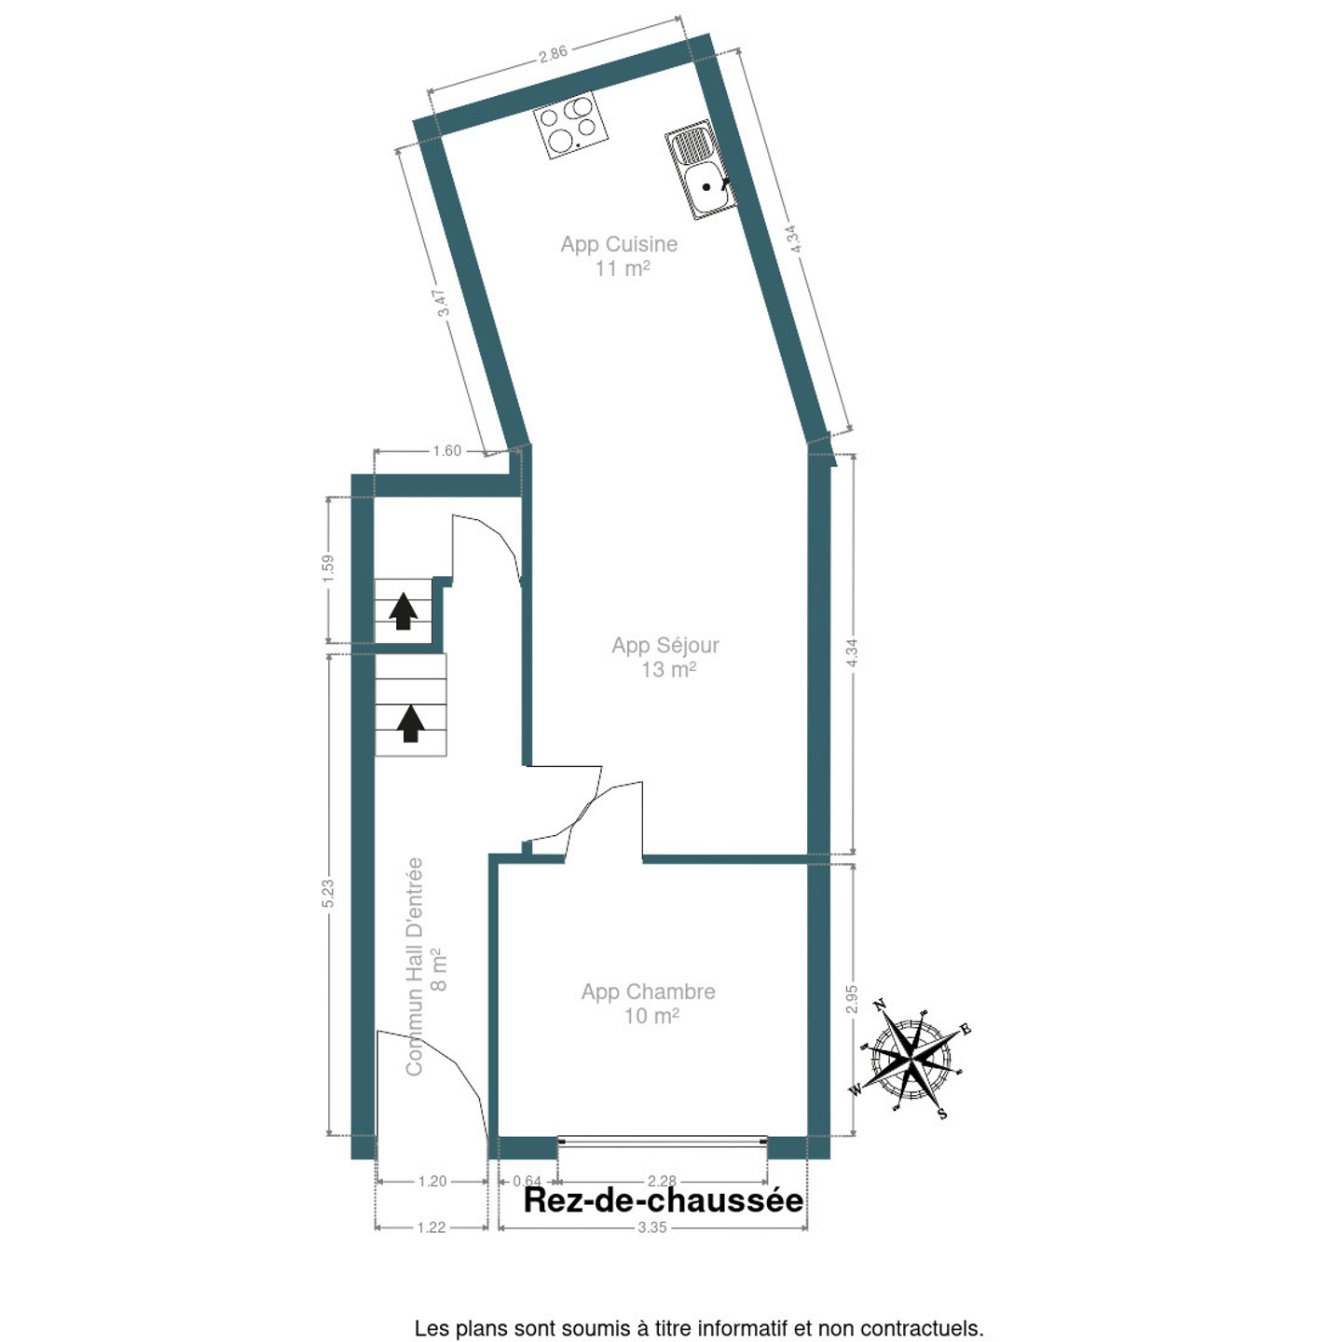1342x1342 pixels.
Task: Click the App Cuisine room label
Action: [619, 255]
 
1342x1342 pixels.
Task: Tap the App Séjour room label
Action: [665, 657]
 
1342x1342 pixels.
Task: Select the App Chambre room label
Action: [649, 1004]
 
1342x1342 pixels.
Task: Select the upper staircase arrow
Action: [404, 610]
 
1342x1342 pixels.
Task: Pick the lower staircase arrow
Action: [411, 723]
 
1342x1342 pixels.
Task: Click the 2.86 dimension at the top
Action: [553, 54]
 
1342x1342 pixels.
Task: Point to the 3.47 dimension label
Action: [442, 303]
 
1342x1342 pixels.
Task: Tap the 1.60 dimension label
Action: [447, 450]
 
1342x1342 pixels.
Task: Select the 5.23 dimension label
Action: [328, 894]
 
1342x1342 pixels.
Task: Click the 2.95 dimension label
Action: [851, 999]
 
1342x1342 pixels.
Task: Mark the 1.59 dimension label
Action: [328, 568]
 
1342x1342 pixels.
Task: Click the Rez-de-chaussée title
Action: [663, 1200]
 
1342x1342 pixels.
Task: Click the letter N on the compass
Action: [879, 1005]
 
